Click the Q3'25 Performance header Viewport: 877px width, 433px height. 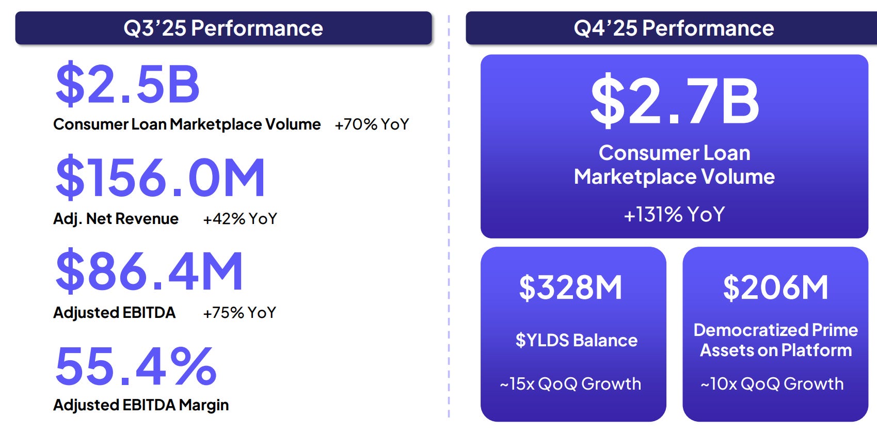pos(223,28)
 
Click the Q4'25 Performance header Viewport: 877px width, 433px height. pos(674,28)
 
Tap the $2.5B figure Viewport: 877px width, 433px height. pos(127,84)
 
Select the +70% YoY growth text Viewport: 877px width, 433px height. pos(372,124)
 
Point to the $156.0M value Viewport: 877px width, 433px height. pos(160,178)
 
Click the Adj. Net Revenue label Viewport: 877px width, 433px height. pos(116,219)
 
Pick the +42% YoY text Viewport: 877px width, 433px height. pos(240,219)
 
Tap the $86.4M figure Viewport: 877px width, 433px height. pos(149,271)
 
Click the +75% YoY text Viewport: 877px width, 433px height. pos(240,313)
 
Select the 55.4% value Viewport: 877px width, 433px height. pos(136,366)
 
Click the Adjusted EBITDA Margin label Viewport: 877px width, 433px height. pos(141,405)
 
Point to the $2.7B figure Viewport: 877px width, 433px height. pos(674,101)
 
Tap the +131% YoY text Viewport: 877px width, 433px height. pos(674,214)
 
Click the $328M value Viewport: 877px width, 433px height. pos(570,287)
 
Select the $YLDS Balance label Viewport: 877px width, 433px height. pos(576,341)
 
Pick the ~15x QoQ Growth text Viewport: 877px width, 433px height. pos(570,384)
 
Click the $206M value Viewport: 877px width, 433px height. pos(775,287)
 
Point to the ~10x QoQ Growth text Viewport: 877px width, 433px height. pos(772,384)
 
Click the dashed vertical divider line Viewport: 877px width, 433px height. pos(449,217)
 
